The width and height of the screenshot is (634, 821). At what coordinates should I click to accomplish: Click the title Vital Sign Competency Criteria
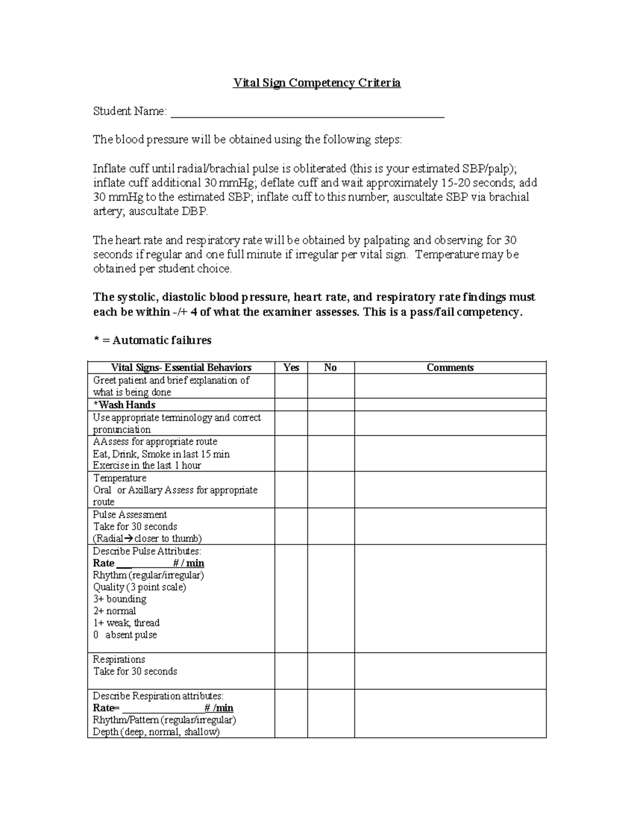317,83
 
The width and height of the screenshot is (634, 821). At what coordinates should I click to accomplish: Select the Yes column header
291,367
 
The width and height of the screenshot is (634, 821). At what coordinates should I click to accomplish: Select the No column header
330,367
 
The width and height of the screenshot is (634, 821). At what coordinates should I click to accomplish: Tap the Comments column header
450,367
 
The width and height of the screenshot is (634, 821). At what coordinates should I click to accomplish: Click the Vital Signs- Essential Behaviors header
181,367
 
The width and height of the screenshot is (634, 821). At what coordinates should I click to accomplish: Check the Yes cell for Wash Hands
291,405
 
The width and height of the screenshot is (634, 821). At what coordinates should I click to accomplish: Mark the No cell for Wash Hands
331,405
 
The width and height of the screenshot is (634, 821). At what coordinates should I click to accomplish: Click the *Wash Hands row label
124,405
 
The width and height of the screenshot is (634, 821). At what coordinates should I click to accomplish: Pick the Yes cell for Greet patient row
291,386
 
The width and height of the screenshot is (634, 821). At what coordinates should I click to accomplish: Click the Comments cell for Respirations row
450,671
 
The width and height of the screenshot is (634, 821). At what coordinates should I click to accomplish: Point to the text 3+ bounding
120,599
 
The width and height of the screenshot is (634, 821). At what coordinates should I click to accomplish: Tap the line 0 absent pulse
125,635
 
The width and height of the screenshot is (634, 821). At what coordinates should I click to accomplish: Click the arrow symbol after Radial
127,539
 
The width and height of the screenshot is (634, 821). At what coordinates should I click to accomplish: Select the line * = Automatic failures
152,340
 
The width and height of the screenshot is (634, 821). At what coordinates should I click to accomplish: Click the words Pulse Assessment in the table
130,514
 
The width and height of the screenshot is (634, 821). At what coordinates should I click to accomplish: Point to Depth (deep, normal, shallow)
156,732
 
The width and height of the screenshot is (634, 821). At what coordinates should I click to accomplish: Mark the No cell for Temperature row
331,490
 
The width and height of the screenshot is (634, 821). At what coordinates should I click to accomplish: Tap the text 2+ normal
115,611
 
